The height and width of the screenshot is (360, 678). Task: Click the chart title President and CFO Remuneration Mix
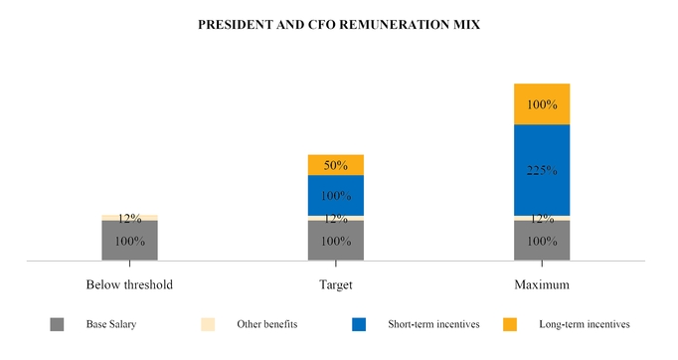[339, 25]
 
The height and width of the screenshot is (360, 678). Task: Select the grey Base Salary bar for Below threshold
[129, 241]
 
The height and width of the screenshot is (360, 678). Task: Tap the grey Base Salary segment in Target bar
[336, 241]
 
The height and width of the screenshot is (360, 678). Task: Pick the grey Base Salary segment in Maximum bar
[542, 241]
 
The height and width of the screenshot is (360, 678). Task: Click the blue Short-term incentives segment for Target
[336, 195]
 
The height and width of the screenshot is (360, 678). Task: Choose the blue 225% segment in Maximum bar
[542, 169]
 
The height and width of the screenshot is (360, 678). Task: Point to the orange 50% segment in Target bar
[336, 165]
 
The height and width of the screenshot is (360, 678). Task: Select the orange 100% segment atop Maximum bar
[542, 104]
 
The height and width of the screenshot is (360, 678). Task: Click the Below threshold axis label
[129, 284]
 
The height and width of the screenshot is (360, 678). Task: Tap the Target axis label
[336, 284]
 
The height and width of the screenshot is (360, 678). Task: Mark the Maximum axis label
[542, 284]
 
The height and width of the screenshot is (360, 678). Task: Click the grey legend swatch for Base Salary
[57, 324]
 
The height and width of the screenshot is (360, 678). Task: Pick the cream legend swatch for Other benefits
[208, 324]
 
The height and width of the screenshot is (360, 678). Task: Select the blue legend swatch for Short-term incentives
[359, 324]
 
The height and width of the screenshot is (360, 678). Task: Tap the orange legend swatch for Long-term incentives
[510, 324]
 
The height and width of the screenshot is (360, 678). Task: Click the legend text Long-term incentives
[584, 324]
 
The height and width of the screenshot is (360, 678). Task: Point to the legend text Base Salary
[111, 324]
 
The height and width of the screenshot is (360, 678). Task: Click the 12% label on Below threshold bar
[129, 218]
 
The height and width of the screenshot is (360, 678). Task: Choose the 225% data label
[542, 170]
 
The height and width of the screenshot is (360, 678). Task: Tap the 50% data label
[336, 165]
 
